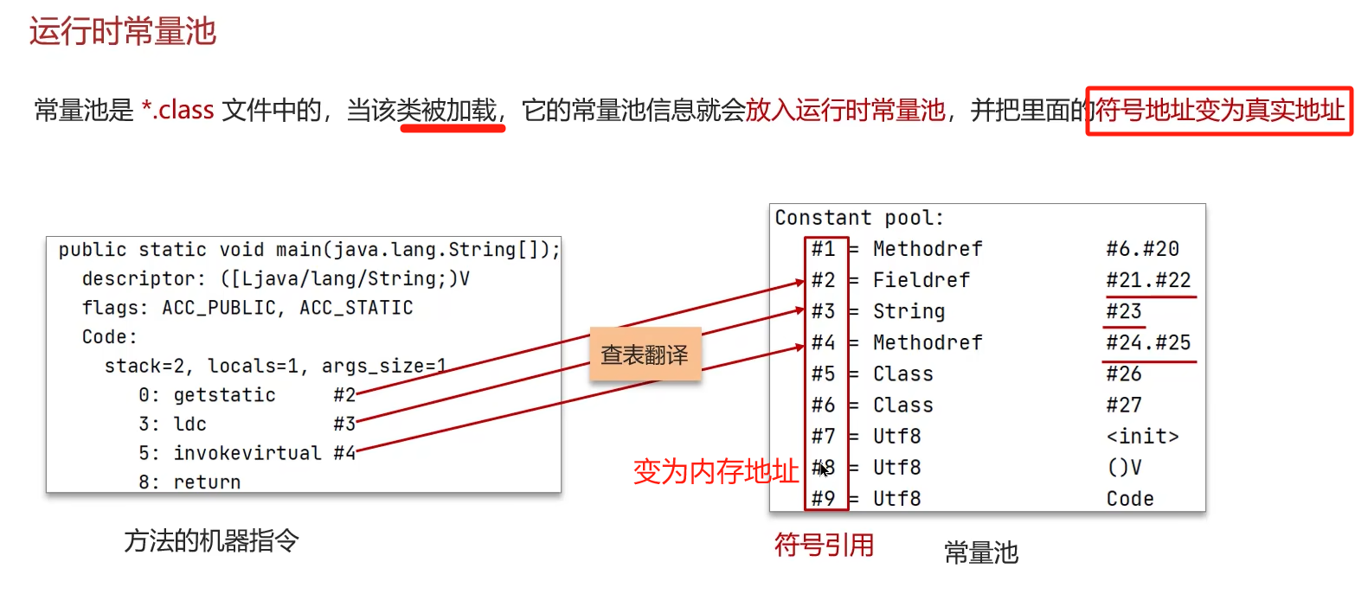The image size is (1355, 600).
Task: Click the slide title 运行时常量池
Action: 122,32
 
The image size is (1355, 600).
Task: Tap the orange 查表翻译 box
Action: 645,354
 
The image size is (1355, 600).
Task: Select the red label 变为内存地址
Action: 716,472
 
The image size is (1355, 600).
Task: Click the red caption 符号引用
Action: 823,545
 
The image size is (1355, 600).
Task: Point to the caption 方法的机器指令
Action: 211,541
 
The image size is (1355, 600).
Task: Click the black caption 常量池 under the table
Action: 980,552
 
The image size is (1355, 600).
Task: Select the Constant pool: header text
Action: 859,218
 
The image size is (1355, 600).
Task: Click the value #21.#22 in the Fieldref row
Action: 1148,280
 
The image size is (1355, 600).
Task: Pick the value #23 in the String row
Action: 1123,311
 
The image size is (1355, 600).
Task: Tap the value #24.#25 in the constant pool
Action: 1148,342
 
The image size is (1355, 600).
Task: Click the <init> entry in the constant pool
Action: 1142,437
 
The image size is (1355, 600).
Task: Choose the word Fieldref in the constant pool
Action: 921,280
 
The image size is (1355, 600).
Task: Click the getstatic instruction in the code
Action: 224,395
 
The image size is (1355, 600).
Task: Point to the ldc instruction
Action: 190,424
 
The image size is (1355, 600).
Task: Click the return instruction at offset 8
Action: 207,482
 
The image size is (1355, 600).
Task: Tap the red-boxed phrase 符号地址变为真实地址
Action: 1220,111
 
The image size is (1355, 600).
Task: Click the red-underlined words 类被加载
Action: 451,111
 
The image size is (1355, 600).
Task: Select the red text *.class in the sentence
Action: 177,111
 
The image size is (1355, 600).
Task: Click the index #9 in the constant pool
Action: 823,499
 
